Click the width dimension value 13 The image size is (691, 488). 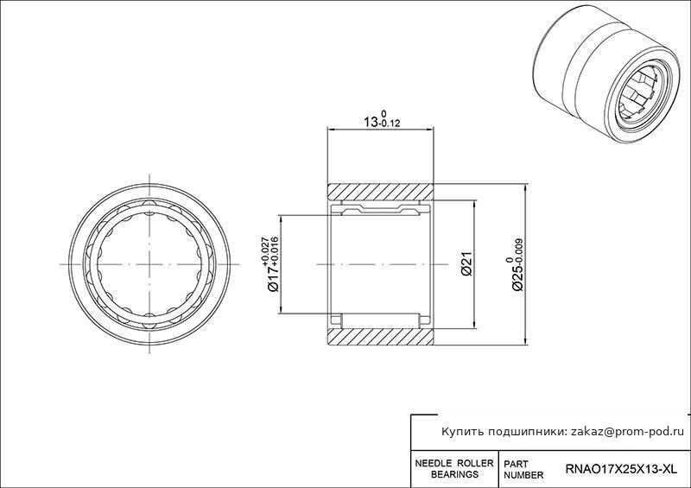coord(371,122)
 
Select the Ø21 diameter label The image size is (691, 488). coord(466,263)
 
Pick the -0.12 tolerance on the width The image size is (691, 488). coord(390,124)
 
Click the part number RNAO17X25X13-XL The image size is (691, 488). coord(620,469)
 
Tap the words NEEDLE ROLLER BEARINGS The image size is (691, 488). coord(454,469)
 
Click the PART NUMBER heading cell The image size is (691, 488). coord(523,470)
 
